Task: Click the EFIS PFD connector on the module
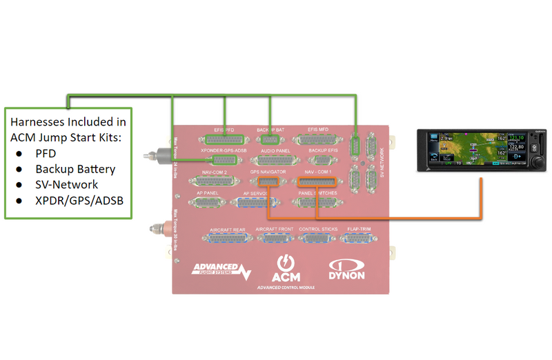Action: tap(225, 139)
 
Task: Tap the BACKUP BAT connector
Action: tap(268, 139)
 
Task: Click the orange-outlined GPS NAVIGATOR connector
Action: tap(266, 181)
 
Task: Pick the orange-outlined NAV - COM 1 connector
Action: tap(317, 181)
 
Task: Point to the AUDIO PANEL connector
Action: tap(275, 159)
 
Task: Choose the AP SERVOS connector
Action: tap(255, 203)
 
